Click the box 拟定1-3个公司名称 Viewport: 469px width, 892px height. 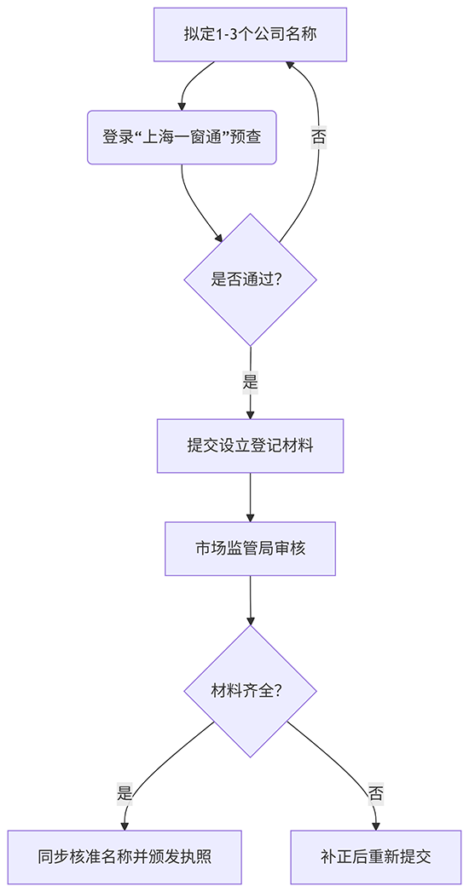[x=250, y=35]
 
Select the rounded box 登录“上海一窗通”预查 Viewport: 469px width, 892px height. [x=182, y=137]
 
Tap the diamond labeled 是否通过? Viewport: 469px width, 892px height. [x=250, y=279]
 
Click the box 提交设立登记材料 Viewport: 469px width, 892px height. [x=250, y=446]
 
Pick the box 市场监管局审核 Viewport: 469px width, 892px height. [x=250, y=549]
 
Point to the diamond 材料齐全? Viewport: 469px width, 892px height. [x=250, y=691]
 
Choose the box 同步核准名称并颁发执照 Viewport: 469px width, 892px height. [x=124, y=857]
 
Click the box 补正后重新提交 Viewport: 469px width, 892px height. [x=376, y=857]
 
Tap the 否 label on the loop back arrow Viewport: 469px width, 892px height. [x=318, y=137]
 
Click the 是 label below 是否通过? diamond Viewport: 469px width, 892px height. [x=250, y=383]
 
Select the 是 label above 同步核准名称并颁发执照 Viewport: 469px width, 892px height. [x=124, y=793]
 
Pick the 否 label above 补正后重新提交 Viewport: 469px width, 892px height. [x=376, y=793]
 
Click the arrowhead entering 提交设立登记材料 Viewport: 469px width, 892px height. [x=250, y=414]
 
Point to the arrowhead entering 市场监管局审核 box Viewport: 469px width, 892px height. [x=250, y=517]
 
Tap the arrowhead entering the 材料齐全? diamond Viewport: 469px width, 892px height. [x=250, y=620]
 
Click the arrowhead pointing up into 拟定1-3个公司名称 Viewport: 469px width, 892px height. [x=290, y=66]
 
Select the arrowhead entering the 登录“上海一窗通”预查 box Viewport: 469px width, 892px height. [x=182, y=105]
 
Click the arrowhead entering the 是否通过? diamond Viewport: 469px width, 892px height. [x=220, y=239]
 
